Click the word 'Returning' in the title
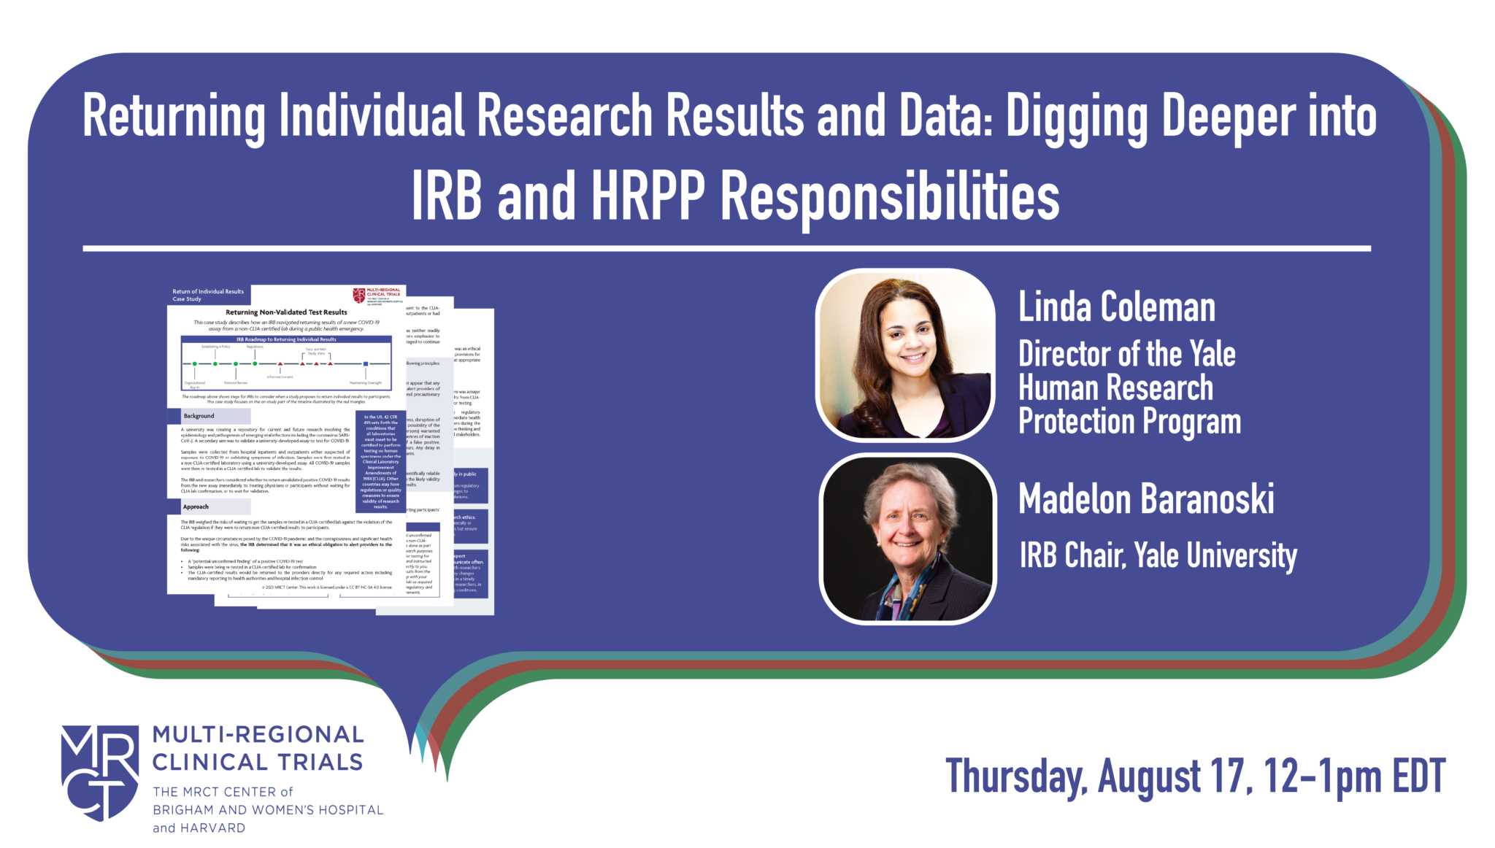pos(174,117)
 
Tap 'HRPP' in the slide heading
pos(648,197)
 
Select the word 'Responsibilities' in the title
pos(890,197)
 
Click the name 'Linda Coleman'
pos(1116,307)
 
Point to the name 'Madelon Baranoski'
pos(1146,500)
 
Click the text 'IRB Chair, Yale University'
pos(1158,556)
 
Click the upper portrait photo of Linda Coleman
pos(905,355)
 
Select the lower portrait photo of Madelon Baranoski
pos(907,539)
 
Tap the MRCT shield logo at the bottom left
pos(100,771)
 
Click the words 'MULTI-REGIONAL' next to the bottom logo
pos(258,735)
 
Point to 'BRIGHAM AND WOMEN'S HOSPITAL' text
pos(267,810)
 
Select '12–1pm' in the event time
pos(1323,776)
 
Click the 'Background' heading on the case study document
pos(199,416)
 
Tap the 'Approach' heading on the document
pos(196,506)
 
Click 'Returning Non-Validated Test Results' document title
pos(286,312)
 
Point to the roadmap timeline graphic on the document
pos(286,363)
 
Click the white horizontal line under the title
pos(726,249)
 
